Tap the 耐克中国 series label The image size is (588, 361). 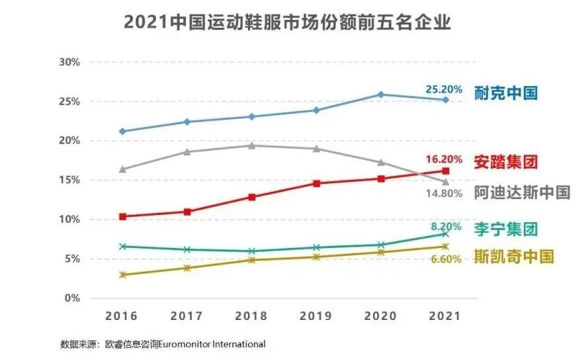click(506, 92)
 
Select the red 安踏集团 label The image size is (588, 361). click(505, 161)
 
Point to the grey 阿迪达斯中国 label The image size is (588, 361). click(522, 192)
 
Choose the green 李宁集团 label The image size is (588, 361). click(505, 229)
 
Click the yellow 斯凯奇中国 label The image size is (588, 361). click(514, 257)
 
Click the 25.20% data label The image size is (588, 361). click(442, 89)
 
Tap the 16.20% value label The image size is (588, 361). click(442, 159)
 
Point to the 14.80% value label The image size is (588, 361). click(442, 194)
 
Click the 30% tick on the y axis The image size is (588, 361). click(69, 62)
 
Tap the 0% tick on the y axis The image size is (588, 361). click(72, 298)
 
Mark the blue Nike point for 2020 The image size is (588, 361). click(381, 95)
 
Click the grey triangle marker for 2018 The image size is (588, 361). click(251, 145)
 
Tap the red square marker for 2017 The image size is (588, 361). click(187, 212)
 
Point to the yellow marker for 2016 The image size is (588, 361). click(122, 274)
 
